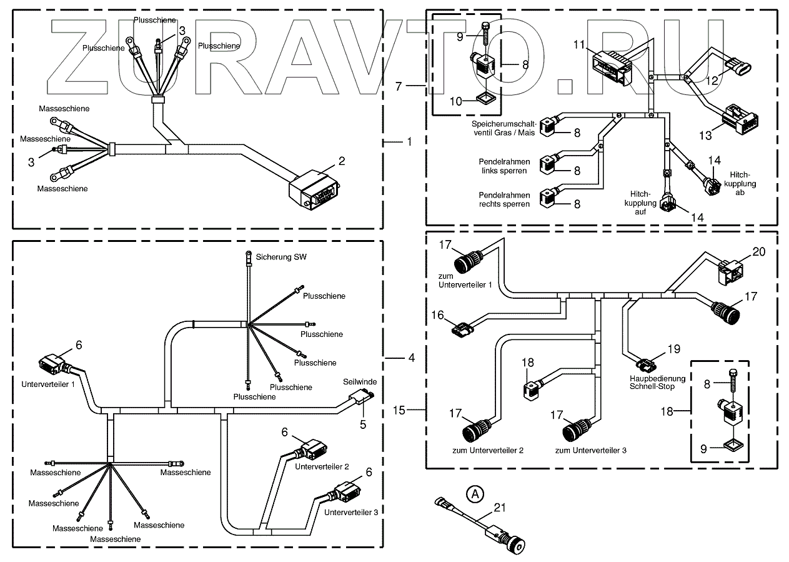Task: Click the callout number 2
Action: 342,161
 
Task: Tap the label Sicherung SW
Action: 281,257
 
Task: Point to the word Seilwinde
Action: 359,381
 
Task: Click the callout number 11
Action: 578,44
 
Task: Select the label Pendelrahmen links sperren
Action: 504,166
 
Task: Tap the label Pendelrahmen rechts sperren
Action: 504,199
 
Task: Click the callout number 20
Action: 758,252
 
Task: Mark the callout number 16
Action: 437,314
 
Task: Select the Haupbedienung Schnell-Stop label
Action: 657,383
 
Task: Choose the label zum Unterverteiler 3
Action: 590,450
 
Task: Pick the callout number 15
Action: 400,410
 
